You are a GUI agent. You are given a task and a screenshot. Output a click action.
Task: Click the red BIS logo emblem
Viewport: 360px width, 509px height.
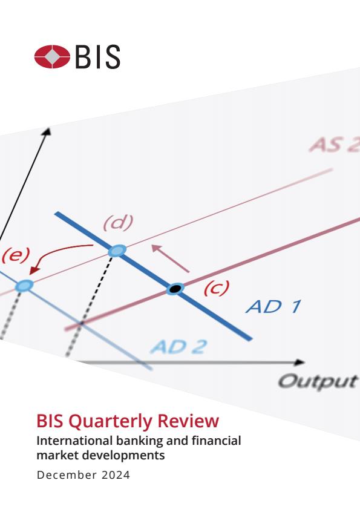[x=52, y=56]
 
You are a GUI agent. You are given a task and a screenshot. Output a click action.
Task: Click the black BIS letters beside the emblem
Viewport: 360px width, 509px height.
[x=97, y=57]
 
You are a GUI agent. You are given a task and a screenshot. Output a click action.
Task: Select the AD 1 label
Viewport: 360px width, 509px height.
[x=273, y=307]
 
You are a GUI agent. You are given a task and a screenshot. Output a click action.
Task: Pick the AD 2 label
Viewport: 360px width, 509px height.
[x=179, y=347]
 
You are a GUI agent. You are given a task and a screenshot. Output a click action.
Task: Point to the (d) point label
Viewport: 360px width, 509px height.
[x=119, y=222]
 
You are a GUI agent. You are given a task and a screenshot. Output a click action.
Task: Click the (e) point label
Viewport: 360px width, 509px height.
[x=16, y=255]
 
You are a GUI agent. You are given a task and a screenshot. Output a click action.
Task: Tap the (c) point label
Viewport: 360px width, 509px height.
[x=217, y=287]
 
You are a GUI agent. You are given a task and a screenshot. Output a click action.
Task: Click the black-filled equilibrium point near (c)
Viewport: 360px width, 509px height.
[x=175, y=288]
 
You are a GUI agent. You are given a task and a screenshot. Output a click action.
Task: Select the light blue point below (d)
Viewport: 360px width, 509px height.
[x=117, y=251]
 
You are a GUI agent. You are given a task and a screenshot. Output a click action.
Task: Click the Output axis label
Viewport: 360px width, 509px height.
[x=318, y=381]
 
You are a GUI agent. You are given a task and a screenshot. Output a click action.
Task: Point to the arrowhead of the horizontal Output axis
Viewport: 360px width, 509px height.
[x=299, y=363]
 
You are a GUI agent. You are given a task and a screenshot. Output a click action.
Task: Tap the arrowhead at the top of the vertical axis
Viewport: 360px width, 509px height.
[x=47, y=131]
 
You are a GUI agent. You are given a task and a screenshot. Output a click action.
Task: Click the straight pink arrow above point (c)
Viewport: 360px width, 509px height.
[x=171, y=258]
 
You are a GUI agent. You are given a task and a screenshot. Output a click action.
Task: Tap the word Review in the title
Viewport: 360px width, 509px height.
[x=188, y=421]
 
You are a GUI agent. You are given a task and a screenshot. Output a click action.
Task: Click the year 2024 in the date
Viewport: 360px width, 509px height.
[x=116, y=475]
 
